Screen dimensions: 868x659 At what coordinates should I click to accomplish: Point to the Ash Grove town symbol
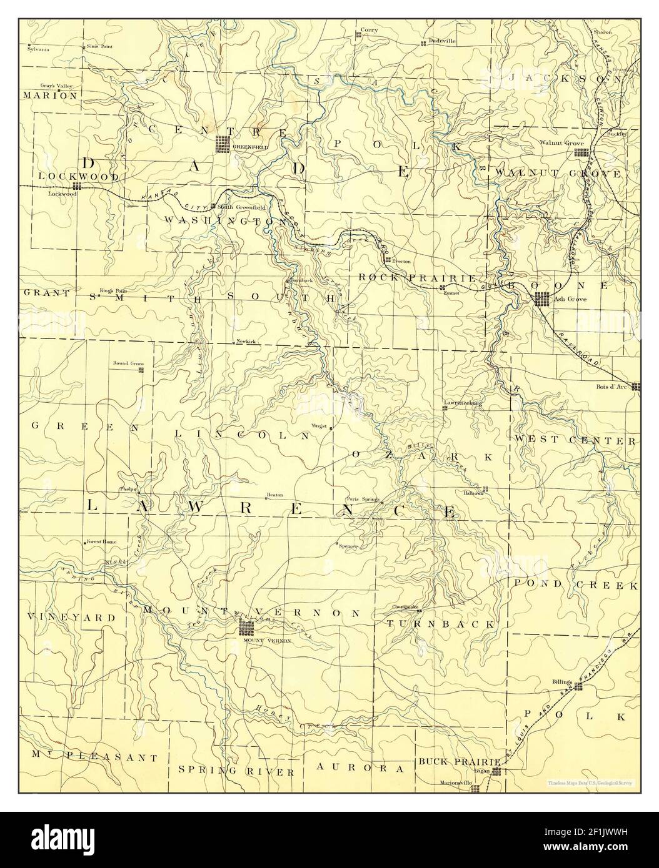[x=541, y=300]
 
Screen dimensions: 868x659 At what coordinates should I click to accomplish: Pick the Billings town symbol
[x=578, y=686]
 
